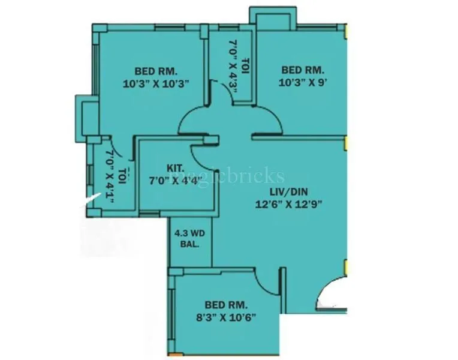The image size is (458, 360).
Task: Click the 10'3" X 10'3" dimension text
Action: click(x=156, y=84)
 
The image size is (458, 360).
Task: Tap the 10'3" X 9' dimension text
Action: click(x=303, y=84)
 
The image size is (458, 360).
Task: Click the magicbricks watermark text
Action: click(x=240, y=176)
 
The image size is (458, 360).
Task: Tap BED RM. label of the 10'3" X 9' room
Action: click(x=303, y=70)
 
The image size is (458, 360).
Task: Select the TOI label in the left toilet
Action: click(x=122, y=174)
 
